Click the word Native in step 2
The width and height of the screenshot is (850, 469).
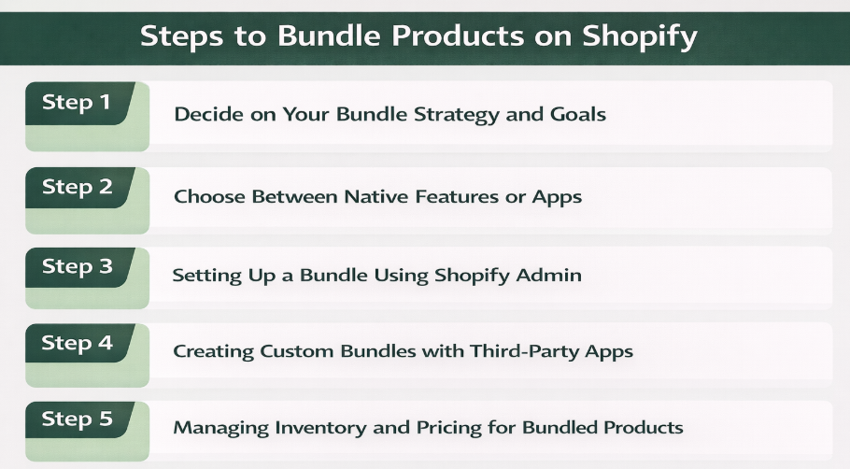pos(375,197)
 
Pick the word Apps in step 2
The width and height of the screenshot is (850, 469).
pos(560,198)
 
